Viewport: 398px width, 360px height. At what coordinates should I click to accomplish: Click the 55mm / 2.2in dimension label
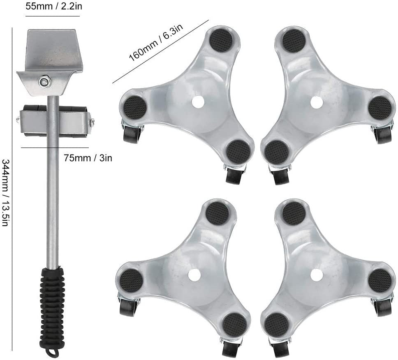54,6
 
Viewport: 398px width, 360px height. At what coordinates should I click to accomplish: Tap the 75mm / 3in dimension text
88,158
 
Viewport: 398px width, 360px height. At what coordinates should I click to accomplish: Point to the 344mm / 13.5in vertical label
6,193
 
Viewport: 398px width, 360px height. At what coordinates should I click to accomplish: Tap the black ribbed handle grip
52,307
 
